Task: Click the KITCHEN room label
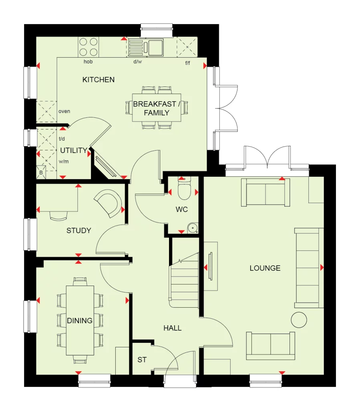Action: click(99, 80)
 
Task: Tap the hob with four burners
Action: click(88, 46)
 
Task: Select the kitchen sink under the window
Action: click(154, 46)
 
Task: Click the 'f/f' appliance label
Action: click(187, 63)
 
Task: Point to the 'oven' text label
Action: click(64, 111)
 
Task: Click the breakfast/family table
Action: click(157, 108)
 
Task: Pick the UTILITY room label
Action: click(74, 151)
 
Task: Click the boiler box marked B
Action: click(41, 172)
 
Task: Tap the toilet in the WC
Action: click(184, 190)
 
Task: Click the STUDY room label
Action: click(78, 231)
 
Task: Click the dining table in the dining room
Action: click(80, 320)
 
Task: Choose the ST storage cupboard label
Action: click(142, 360)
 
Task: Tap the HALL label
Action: click(172, 328)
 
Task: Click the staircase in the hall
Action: click(184, 280)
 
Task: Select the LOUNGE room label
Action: click(265, 268)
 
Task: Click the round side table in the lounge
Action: click(299, 320)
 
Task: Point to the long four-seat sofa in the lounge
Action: click(308, 268)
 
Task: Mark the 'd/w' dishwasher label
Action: click(137, 62)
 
